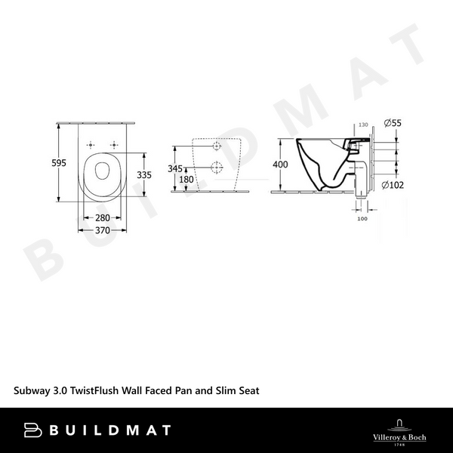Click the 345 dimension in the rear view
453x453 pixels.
[174, 168]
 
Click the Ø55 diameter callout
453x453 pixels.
[393, 122]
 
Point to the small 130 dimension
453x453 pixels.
[362, 125]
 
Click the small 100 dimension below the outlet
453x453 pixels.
[362, 218]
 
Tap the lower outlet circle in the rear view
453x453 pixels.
[217, 168]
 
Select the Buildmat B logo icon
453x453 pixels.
[32, 430]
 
